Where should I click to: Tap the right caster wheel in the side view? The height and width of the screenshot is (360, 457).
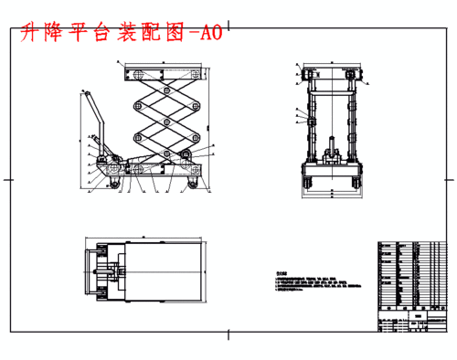[193, 185]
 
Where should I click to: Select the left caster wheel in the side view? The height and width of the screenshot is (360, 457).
[116, 185]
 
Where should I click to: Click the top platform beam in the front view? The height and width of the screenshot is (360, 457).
[331, 72]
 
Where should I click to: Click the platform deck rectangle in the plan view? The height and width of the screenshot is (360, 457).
[165, 271]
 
